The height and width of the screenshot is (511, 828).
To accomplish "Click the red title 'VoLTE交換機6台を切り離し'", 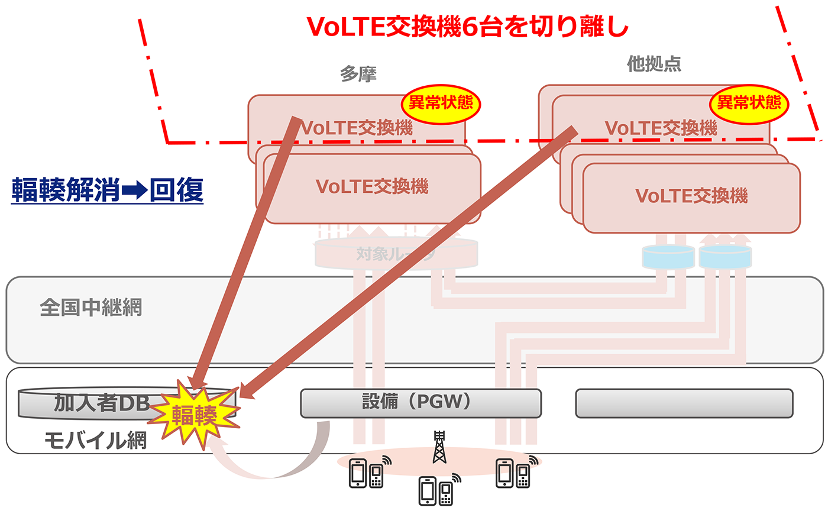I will click(x=467, y=27).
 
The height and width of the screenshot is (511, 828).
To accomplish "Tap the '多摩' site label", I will click(x=358, y=73).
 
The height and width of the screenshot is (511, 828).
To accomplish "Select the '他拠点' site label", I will click(x=654, y=64).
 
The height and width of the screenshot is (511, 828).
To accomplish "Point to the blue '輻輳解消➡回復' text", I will click(x=108, y=190).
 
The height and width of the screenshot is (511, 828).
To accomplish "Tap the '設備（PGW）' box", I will click(x=421, y=403).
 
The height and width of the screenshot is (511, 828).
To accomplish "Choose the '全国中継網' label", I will click(x=91, y=308).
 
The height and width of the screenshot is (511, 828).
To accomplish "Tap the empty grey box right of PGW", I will click(x=684, y=403).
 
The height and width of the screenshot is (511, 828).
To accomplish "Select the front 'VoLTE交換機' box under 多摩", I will click(x=372, y=187).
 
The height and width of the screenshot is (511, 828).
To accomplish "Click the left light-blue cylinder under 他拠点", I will click(x=668, y=257).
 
